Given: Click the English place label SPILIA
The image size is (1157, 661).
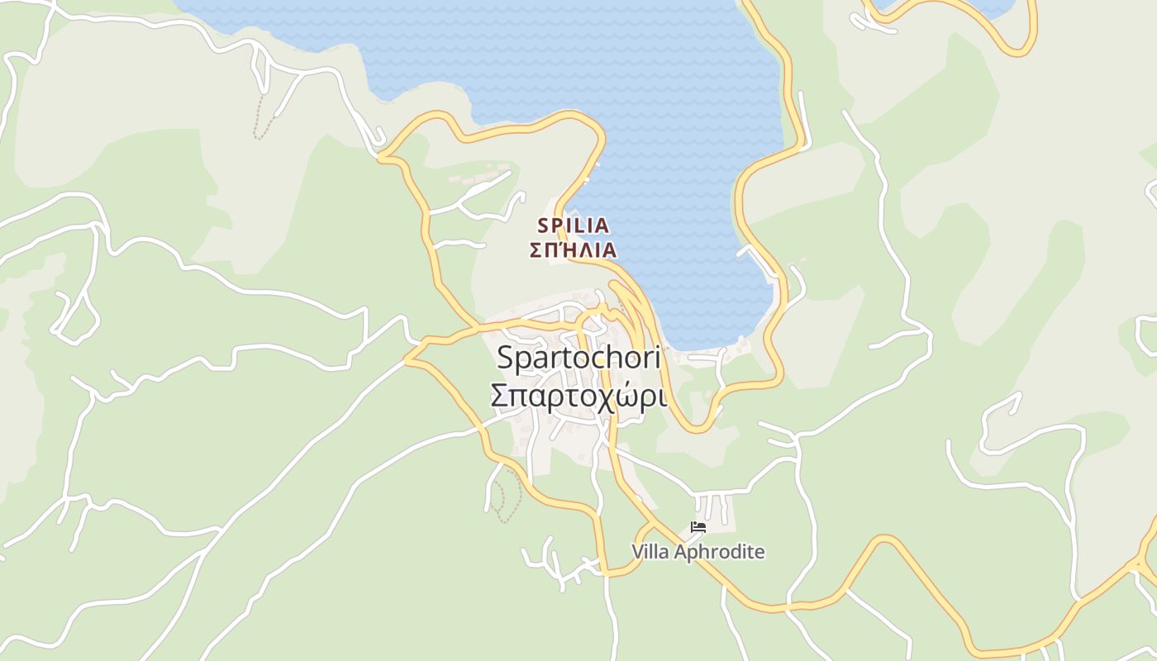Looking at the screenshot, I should coord(574,225).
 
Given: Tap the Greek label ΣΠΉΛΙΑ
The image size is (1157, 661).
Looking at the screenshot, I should coord(574,250).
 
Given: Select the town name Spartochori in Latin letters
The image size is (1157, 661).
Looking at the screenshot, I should coord(578,359).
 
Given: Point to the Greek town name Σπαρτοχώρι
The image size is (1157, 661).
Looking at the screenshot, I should coord(578,396).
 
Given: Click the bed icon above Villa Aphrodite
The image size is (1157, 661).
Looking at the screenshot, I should coord(698,526).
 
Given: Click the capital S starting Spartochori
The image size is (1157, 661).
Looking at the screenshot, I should coord(506,359).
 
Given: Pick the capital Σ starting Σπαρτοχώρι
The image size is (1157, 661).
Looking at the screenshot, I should coord(499,396).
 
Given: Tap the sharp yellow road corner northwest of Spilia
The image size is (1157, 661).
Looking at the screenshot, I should coord(382,158).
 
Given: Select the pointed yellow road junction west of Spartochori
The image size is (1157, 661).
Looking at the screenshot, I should coord(407,360).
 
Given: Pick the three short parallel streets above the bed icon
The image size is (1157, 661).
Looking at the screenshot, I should coord(713,506).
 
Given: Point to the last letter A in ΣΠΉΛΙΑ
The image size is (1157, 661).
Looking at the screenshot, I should coord(608,250).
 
